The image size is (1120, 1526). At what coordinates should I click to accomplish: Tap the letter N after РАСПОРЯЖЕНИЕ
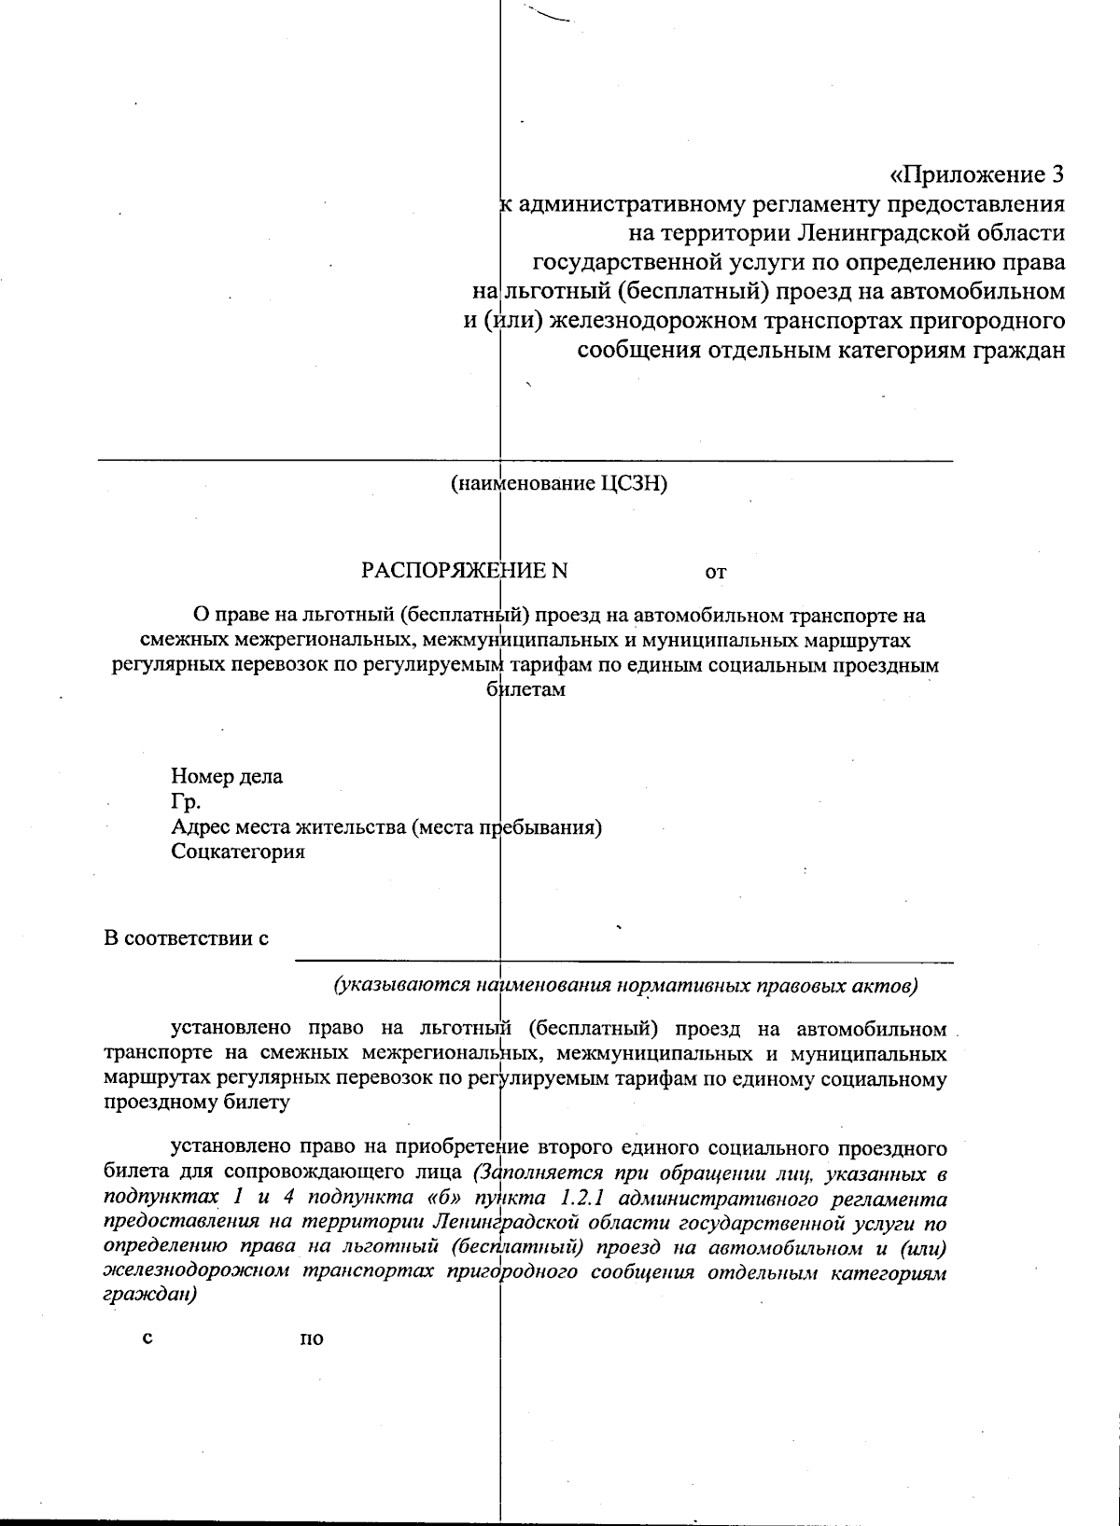click(x=559, y=570)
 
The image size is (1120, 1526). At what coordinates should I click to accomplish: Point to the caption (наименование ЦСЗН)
click(x=558, y=484)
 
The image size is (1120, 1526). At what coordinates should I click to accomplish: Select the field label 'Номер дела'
click(x=227, y=776)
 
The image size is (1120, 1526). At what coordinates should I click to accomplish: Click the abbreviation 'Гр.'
click(x=186, y=801)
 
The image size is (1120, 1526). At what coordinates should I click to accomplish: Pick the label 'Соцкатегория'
click(x=238, y=852)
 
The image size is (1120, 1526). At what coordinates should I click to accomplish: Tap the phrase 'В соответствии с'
click(x=186, y=937)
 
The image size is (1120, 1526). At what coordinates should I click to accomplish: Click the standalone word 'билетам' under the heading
click(x=527, y=691)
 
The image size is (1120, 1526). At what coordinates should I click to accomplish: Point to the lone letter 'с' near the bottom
click(x=147, y=1339)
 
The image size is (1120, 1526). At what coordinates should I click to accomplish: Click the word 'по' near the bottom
click(x=312, y=1339)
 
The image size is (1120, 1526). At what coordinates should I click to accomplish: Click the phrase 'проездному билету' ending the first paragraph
click(x=196, y=1103)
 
